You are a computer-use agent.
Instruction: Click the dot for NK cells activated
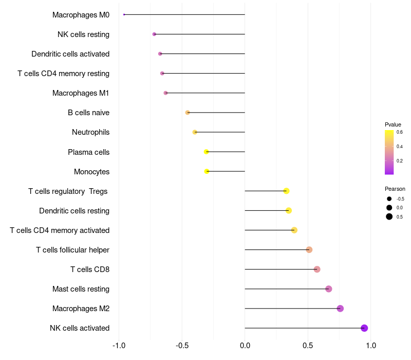(x=364, y=328)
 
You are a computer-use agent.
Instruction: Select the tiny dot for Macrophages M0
(x=124, y=15)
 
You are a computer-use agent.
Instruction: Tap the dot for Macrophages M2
(x=340, y=308)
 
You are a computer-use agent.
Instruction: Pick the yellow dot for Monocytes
(x=207, y=171)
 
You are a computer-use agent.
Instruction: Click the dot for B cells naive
(x=188, y=113)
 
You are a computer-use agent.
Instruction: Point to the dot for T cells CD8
(x=317, y=269)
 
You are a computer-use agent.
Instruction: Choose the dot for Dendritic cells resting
(x=289, y=210)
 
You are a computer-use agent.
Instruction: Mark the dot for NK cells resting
(x=154, y=34)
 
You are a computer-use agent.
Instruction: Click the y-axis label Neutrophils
(x=91, y=132)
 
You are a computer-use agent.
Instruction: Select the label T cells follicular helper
(x=72, y=250)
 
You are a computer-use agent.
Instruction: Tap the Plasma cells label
(x=88, y=152)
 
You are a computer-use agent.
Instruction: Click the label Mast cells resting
(x=81, y=289)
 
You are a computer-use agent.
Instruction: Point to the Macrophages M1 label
(x=81, y=93)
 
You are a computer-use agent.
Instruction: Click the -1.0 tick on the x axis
(x=119, y=346)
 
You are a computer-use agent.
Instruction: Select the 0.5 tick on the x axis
(x=308, y=346)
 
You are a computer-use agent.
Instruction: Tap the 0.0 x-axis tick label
(x=245, y=346)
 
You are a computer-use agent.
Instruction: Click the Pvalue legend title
(x=393, y=124)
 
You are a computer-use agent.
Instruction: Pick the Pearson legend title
(x=395, y=189)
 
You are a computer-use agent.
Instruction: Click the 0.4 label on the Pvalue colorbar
(x=400, y=147)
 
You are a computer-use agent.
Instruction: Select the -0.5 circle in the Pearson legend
(x=389, y=199)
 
